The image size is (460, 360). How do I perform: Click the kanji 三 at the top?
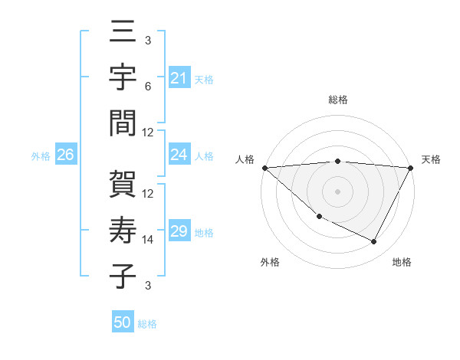123,34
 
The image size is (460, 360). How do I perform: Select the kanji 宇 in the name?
123,78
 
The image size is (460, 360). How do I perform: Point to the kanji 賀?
123,185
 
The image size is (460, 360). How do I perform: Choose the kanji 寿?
123,230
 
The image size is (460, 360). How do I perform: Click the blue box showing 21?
179,77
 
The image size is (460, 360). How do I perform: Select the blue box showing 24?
179,155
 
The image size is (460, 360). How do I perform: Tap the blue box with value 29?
179,231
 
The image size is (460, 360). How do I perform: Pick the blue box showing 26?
65,155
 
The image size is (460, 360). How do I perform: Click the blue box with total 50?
123,322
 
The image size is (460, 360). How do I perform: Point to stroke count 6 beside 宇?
148,87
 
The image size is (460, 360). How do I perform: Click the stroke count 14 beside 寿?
148,240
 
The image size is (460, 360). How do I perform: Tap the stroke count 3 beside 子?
148,286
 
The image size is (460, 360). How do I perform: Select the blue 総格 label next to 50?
147,323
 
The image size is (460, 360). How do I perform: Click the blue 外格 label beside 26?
40,155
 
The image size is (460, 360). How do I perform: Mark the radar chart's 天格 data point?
411,168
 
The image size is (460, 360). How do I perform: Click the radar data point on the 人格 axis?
264,168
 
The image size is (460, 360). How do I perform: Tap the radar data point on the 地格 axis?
374,242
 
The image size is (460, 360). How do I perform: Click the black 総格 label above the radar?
338,100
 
